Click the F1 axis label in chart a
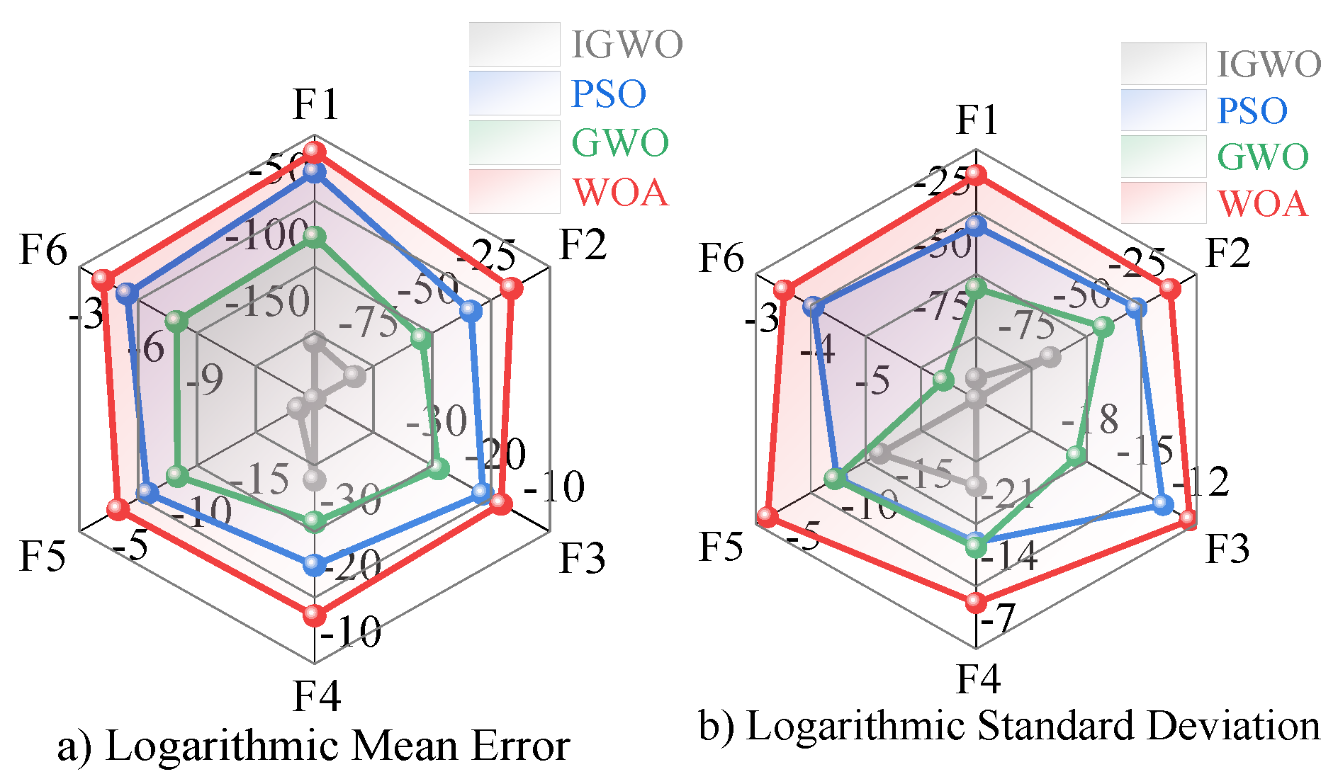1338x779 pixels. [316, 105]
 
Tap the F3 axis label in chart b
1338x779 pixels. [1227, 549]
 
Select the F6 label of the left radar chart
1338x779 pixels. [43, 251]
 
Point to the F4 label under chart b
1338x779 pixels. [978, 678]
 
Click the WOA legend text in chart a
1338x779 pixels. [620, 193]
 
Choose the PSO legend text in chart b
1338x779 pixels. [1252, 111]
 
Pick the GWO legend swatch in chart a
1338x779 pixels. [515, 142]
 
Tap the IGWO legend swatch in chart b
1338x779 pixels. [1163, 64]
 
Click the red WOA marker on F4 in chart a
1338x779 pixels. [314, 615]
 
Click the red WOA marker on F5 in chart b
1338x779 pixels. [767, 516]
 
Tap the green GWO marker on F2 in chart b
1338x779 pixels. [1102, 326]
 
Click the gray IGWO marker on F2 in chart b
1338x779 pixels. [1050, 356]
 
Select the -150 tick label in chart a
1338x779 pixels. [268, 302]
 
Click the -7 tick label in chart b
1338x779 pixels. [998, 618]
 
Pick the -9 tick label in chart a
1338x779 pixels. [205, 380]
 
